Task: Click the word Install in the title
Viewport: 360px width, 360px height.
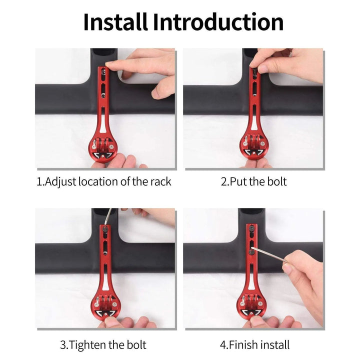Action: click(x=115, y=22)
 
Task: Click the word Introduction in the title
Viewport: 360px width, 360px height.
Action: click(x=218, y=22)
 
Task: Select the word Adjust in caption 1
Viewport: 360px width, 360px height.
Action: click(x=60, y=182)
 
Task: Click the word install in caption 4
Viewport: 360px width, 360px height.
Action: click(x=275, y=345)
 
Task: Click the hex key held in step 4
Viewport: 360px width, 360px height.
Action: click(x=268, y=255)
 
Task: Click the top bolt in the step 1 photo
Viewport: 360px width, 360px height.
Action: click(x=103, y=73)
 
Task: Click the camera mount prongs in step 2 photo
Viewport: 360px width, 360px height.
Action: click(x=253, y=141)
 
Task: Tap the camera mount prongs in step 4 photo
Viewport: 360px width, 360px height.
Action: click(x=251, y=301)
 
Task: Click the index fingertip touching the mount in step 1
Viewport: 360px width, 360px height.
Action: click(x=109, y=64)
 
